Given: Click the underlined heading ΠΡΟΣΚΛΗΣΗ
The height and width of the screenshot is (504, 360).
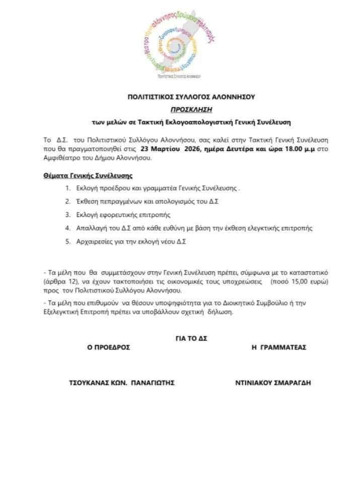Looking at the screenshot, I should (x=180, y=108).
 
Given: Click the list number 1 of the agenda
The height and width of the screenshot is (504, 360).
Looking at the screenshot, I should (x=67, y=188).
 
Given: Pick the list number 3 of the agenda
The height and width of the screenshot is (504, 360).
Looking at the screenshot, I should (x=67, y=214).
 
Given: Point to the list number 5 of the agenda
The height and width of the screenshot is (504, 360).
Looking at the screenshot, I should (x=67, y=241).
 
